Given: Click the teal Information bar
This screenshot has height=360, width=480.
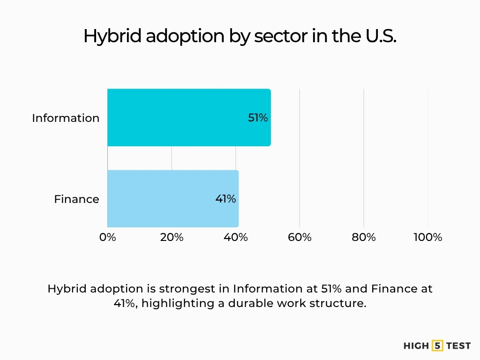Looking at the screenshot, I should click(x=187, y=117).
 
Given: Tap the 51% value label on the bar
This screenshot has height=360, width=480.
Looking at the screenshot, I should click(x=258, y=118).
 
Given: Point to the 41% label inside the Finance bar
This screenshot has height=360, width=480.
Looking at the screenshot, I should click(x=225, y=199).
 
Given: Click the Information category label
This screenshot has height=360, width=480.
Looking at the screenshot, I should click(x=66, y=118).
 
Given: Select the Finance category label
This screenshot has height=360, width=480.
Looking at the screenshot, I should click(x=76, y=199).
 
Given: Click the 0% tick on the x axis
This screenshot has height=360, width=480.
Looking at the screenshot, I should click(x=108, y=237).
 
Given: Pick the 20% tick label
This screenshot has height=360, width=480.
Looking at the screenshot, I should click(x=172, y=237).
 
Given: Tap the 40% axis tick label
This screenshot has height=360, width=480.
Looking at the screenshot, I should click(x=236, y=237).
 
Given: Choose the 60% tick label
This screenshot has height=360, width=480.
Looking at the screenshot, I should click(x=300, y=237).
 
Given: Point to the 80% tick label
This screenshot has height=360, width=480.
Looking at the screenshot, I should click(x=364, y=237).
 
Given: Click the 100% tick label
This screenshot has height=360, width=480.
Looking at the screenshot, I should click(x=427, y=237).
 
